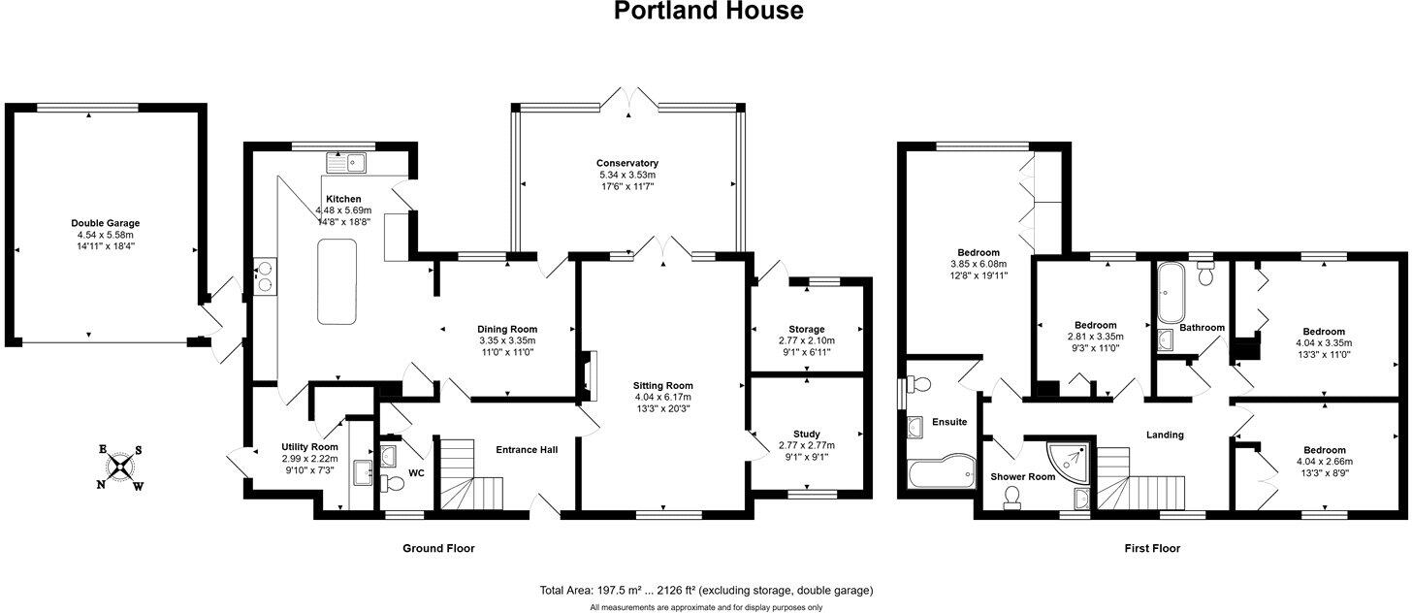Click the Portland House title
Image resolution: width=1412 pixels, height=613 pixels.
[x=709, y=12]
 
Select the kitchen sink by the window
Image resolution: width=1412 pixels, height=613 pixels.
[x=350, y=162]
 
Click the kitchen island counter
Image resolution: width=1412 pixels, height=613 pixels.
[x=337, y=281]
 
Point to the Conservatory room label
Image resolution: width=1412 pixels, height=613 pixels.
[x=627, y=163]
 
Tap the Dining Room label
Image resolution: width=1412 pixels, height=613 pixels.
[x=507, y=329]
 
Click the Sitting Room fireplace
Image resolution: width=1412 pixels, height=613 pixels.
[x=589, y=375]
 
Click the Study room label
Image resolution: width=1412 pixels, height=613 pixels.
[x=806, y=434]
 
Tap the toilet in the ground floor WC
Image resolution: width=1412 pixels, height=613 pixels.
[x=392, y=483]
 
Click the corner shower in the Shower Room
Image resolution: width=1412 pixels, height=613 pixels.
[x=1070, y=463]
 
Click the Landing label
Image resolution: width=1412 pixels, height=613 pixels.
[x=1165, y=435]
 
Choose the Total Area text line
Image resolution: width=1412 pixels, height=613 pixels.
[x=706, y=590]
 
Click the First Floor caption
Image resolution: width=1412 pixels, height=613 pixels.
[x=1152, y=548]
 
